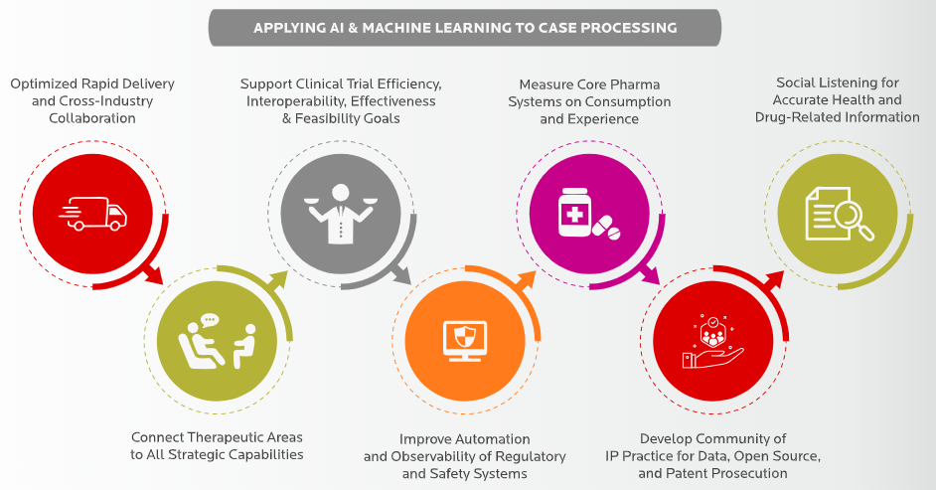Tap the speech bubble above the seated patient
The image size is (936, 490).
pyautogui.click(x=208, y=320)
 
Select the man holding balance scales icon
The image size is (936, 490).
pyautogui.click(x=340, y=213)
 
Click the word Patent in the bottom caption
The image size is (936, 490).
pyautogui.click(x=691, y=473)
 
